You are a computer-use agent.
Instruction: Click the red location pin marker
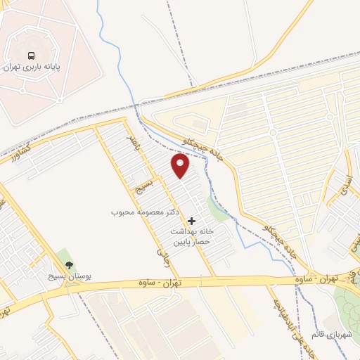pos(181,166)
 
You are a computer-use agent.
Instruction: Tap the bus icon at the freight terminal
pos(31,56)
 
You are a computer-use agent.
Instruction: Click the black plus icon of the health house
pos(191,221)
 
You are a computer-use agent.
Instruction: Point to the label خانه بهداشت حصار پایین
pos(190,236)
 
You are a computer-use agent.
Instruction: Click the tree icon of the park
pos(69,264)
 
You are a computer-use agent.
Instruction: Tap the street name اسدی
pos(346,184)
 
